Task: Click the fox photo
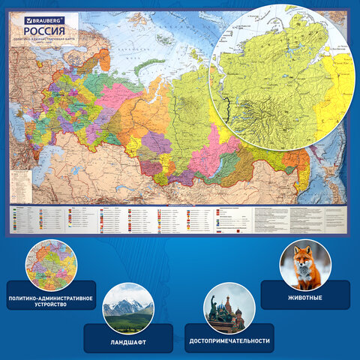click(305, 265)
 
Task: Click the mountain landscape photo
click(127, 308)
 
